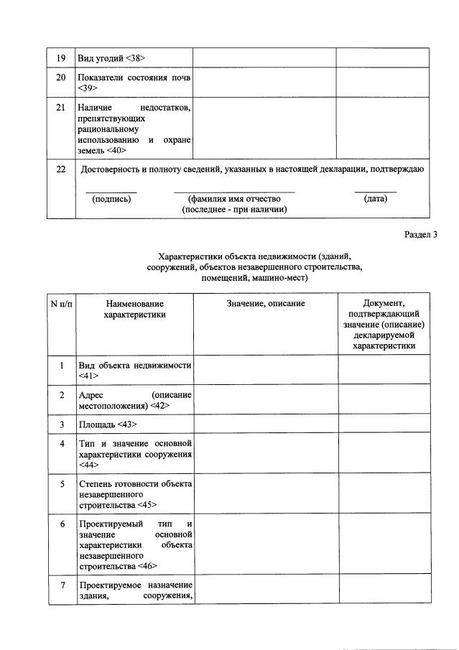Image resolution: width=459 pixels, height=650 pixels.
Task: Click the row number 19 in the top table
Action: pos(61,57)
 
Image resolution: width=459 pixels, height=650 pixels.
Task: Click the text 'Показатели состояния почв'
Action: pos(134,77)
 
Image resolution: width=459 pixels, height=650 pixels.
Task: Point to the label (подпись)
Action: pos(111,199)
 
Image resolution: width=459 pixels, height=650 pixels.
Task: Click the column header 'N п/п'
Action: pos(61,304)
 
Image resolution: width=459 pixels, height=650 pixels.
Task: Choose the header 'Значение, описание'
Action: pos(266,304)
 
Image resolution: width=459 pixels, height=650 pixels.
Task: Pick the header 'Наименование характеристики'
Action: pos(134,309)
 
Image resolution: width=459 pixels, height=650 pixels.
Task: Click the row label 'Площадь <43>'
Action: pos(108,424)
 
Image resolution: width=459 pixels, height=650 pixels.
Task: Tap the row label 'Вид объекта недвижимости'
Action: pos(134,366)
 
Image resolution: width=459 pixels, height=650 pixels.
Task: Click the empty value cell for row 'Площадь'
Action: pos(266,424)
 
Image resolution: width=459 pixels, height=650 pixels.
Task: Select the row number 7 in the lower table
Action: pos(61,585)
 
